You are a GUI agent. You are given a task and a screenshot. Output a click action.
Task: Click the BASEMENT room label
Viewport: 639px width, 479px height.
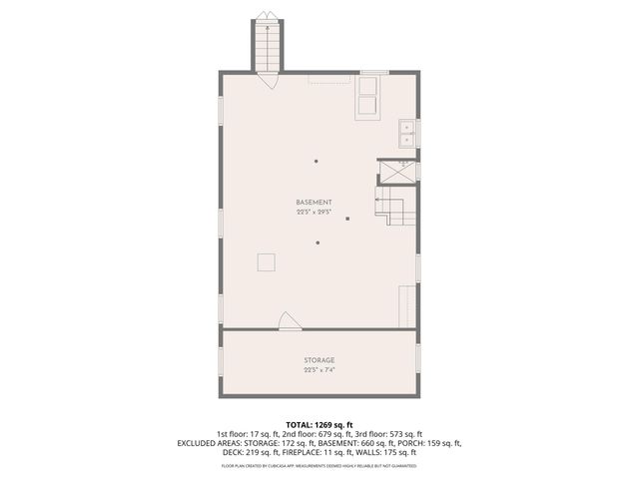[x=314, y=204]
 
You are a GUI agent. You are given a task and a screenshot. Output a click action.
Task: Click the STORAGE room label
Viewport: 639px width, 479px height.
[x=319, y=359]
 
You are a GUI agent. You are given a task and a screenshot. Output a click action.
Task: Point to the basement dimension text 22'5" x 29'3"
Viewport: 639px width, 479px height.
[x=314, y=213]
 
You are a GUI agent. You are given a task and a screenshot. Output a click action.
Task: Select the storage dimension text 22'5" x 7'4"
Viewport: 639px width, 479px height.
[x=319, y=369]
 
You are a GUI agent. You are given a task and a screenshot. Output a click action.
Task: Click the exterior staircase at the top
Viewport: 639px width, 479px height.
[x=268, y=45]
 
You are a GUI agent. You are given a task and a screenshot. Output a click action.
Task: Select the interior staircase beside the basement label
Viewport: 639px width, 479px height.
[x=390, y=206]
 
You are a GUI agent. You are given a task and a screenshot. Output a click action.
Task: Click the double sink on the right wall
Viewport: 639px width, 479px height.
[x=408, y=132]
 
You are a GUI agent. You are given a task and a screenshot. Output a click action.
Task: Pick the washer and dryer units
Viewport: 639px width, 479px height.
[x=367, y=96]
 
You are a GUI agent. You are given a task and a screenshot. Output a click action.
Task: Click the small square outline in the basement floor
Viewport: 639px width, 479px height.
[x=267, y=261]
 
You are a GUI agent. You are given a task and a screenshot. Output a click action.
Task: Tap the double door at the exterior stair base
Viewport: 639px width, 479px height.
[x=269, y=80]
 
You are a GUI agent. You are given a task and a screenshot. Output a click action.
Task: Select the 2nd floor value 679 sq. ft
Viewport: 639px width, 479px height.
[x=325, y=435]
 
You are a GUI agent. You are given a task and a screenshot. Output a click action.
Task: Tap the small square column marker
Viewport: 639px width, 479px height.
[x=347, y=219]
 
